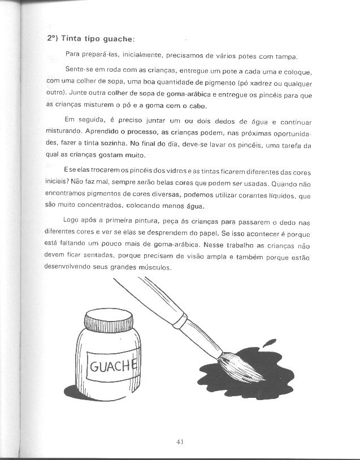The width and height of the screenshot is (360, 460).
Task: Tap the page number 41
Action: click(x=180, y=442)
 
